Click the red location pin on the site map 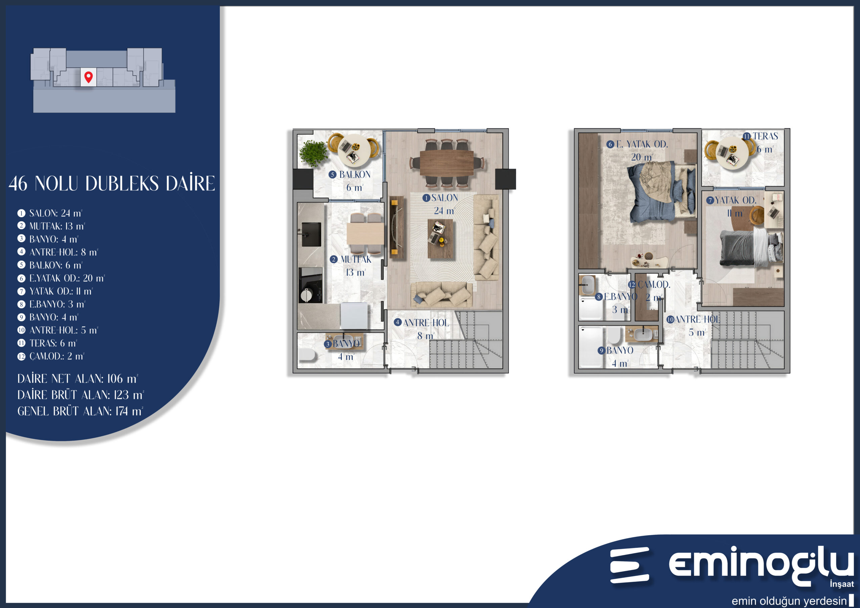[x=88, y=77]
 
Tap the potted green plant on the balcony [x=313, y=153]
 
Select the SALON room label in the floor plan [x=444, y=198]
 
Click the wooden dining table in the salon [x=446, y=163]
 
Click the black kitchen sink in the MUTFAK [x=311, y=234]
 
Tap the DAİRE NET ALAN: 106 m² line [x=78, y=379]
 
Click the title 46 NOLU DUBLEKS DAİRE [x=112, y=183]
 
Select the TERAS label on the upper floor [x=766, y=136]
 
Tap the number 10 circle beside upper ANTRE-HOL [x=670, y=319]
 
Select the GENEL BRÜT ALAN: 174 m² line [x=80, y=411]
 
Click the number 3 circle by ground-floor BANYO [x=328, y=344]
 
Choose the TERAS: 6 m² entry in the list [x=53, y=343]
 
